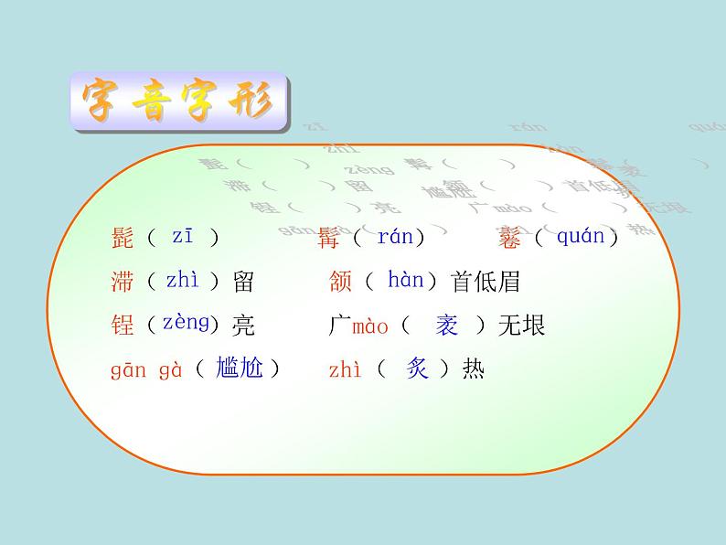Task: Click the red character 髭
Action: click(x=122, y=239)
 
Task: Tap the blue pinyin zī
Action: click(x=183, y=236)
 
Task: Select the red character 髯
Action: click(x=328, y=239)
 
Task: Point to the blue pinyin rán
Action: click(x=395, y=237)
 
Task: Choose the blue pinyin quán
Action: click(x=581, y=237)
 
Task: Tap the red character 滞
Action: click(x=122, y=282)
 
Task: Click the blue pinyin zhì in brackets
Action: click(x=182, y=281)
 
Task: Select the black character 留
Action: click(x=243, y=282)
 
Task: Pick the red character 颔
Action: click(x=340, y=282)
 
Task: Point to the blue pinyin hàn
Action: click(x=405, y=280)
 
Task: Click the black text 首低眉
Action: click(x=486, y=282)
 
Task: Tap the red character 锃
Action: click(x=122, y=326)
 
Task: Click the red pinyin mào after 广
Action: click(x=370, y=326)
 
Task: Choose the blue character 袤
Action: click(x=446, y=325)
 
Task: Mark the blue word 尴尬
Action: click(x=239, y=368)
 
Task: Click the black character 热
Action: click(x=474, y=369)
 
